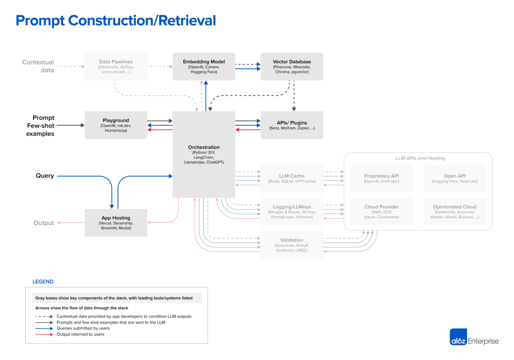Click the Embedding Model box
(204, 66)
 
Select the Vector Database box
(292, 66)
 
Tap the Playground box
(116, 125)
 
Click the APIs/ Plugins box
(292, 125)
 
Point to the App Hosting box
(116, 223)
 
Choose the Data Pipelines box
(116, 66)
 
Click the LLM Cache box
(292, 178)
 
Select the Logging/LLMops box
(292, 212)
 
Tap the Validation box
(292, 245)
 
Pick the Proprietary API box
(381, 178)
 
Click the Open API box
(454, 178)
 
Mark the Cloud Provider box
(381, 212)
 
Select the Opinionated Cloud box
(454, 212)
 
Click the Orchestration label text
(204, 147)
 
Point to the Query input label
(45, 176)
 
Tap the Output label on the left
(44, 223)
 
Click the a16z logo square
(458, 337)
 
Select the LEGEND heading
(43, 282)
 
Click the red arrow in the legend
(44, 335)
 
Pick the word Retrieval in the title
(187, 20)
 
